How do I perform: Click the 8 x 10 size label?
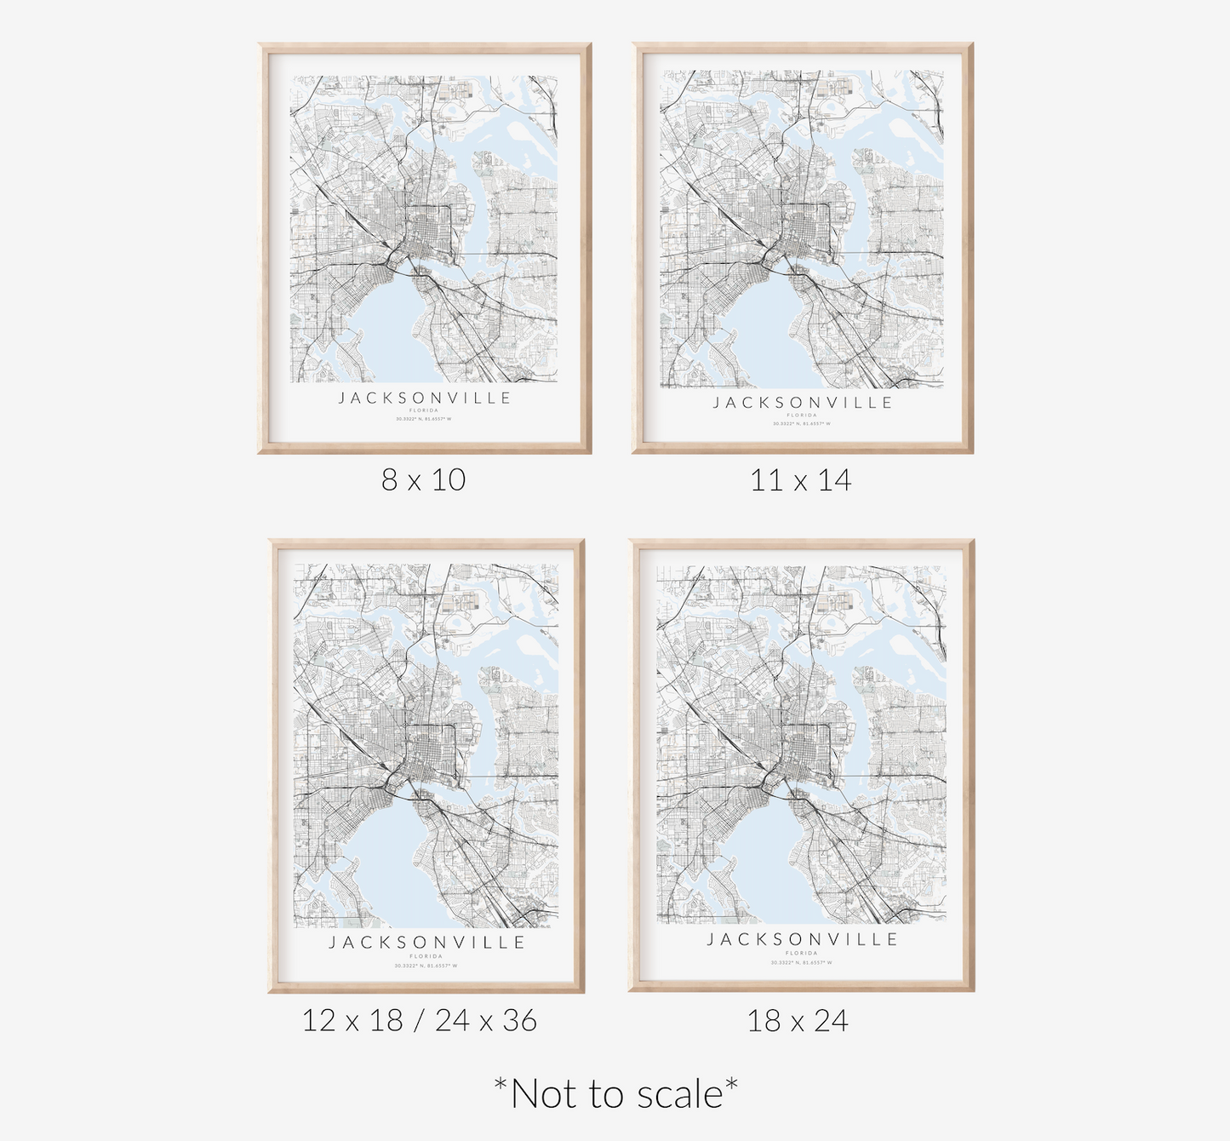click(423, 480)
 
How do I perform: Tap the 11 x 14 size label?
click(800, 480)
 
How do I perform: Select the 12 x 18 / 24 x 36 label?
click(419, 1020)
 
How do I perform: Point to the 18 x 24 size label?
click(798, 1020)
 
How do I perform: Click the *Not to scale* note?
click(615, 1093)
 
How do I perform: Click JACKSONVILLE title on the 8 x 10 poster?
click(425, 398)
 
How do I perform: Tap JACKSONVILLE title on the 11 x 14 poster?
click(802, 403)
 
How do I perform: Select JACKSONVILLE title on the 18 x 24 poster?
click(802, 939)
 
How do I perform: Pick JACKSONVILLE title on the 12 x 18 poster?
click(426, 943)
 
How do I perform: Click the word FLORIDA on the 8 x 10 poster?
click(424, 410)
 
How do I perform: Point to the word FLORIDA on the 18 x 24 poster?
click(802, 954)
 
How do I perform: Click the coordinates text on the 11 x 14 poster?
click(802, 423)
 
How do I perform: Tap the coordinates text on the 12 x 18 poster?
click(426, 966)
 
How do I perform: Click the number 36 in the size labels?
click(519, 1020)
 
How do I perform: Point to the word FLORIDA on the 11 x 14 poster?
click(802, 416)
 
